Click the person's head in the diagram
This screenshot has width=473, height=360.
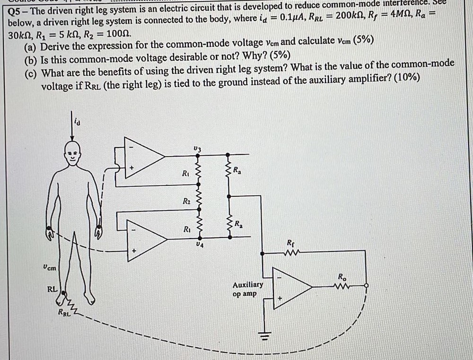(x=71, y=155)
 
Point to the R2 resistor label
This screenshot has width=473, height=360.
(x=186, y=202)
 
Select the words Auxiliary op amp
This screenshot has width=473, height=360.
(x=247, y=289)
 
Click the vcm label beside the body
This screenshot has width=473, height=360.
(x=49, y=267)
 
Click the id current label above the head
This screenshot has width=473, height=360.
(x=78, y=123)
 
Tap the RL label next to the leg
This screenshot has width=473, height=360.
(x=52, y=288)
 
